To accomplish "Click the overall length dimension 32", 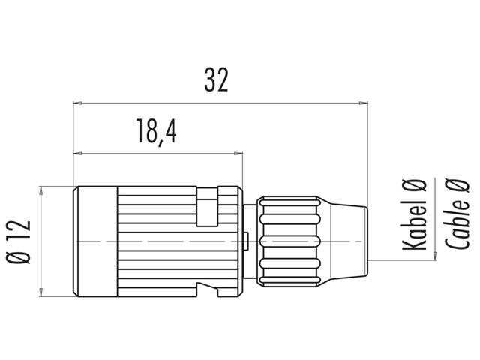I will click(x=216, y=80).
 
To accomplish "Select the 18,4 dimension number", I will click(x=156, y=133).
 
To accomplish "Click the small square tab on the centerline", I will click(x=247, y=240).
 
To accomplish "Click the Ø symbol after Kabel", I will click(x=414, y=185).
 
